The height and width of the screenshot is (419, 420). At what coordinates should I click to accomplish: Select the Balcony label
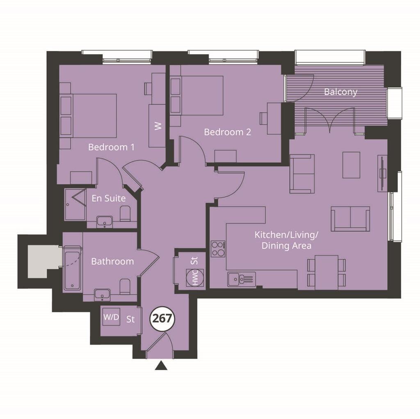(x=340, y=92)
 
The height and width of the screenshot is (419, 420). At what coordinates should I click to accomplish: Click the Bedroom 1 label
(x=111, y=147)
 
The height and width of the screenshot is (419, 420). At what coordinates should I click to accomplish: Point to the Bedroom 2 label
(x=227, y=132)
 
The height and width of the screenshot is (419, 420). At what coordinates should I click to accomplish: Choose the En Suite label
(x=108, y=198)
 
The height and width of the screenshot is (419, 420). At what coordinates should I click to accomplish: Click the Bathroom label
(x=112, y=261)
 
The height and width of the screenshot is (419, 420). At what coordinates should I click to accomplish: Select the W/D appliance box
(x=111, y=317)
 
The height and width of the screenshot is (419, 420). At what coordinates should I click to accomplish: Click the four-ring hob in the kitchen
(x=218, y=249)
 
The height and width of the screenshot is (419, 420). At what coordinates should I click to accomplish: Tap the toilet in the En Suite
(x=125, y=214)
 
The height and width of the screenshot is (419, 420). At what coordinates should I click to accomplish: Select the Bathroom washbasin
(x=102, y=294)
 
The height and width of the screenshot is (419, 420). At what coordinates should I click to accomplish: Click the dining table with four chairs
(x=327, y=272)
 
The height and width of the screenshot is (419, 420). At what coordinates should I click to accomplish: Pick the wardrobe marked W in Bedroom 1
(x=157, y=126)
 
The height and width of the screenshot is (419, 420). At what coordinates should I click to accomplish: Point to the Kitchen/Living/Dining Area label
(x=286, y=240)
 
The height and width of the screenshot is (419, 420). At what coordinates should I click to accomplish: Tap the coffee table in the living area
(x=351, y=165)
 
